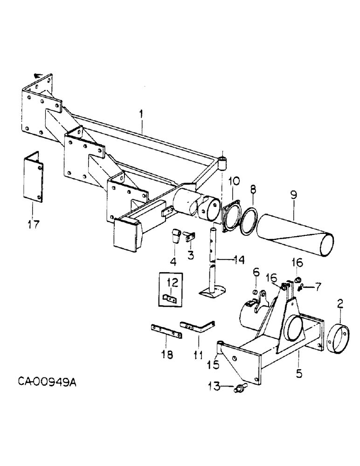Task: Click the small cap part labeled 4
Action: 175,237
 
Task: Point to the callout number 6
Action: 256,272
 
